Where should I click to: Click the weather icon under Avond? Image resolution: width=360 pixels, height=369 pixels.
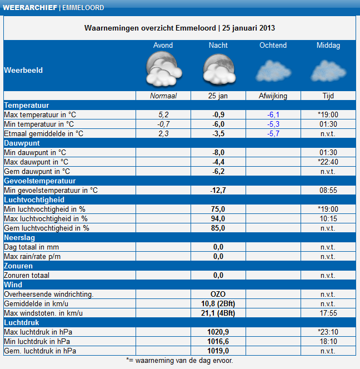point(163,71)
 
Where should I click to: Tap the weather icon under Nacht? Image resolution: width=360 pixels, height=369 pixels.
point(218,71)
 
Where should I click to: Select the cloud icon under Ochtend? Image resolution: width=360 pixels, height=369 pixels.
point(273,71)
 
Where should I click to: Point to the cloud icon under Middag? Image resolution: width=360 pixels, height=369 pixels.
point(328,71)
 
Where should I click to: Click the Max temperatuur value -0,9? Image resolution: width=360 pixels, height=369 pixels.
point(218,115)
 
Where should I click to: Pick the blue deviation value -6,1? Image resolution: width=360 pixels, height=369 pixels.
point(273,115)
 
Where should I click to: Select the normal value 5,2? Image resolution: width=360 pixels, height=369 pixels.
point(163,115)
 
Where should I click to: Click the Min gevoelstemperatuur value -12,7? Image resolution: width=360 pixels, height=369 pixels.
point(218,191)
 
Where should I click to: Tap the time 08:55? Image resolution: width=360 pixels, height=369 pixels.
point(328,191)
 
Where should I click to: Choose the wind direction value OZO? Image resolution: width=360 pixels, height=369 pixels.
point(218,295)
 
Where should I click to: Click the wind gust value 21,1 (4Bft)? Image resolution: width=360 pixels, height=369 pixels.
point(218,313)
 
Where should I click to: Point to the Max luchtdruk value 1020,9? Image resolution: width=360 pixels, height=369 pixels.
point(218,332)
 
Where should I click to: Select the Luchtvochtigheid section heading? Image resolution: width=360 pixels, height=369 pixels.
point(34,200)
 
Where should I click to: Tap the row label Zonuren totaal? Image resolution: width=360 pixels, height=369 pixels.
point(27,276)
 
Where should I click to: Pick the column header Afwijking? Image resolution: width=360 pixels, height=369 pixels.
point(273,96)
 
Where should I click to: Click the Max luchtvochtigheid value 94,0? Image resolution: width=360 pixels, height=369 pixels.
point(218,219)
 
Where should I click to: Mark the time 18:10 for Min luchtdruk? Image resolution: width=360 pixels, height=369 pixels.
point(328,342)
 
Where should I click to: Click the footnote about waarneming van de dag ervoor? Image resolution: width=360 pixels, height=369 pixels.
point(179,360)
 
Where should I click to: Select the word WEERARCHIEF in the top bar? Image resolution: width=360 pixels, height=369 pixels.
point(29,8)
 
